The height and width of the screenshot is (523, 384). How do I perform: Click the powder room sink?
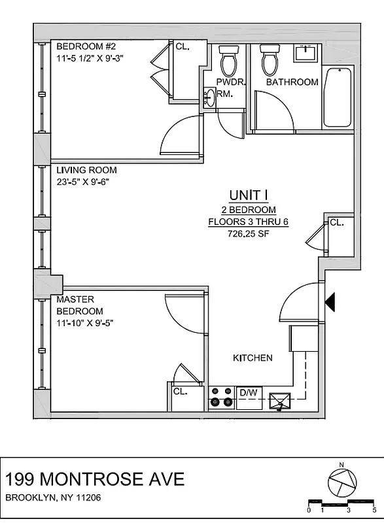(209, 98)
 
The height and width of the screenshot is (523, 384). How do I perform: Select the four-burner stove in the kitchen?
(221, 397)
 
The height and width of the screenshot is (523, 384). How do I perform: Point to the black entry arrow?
(330, 302)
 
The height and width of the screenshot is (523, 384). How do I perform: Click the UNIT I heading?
(248, 195)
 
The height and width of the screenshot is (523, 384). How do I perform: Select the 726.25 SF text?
(248, 233)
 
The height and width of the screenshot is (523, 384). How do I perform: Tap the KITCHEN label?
(253, 358)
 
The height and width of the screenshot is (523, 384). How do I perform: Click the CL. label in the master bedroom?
(181, 392)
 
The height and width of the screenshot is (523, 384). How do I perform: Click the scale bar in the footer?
(341, 504)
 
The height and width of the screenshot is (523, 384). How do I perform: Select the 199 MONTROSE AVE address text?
(95, 479)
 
